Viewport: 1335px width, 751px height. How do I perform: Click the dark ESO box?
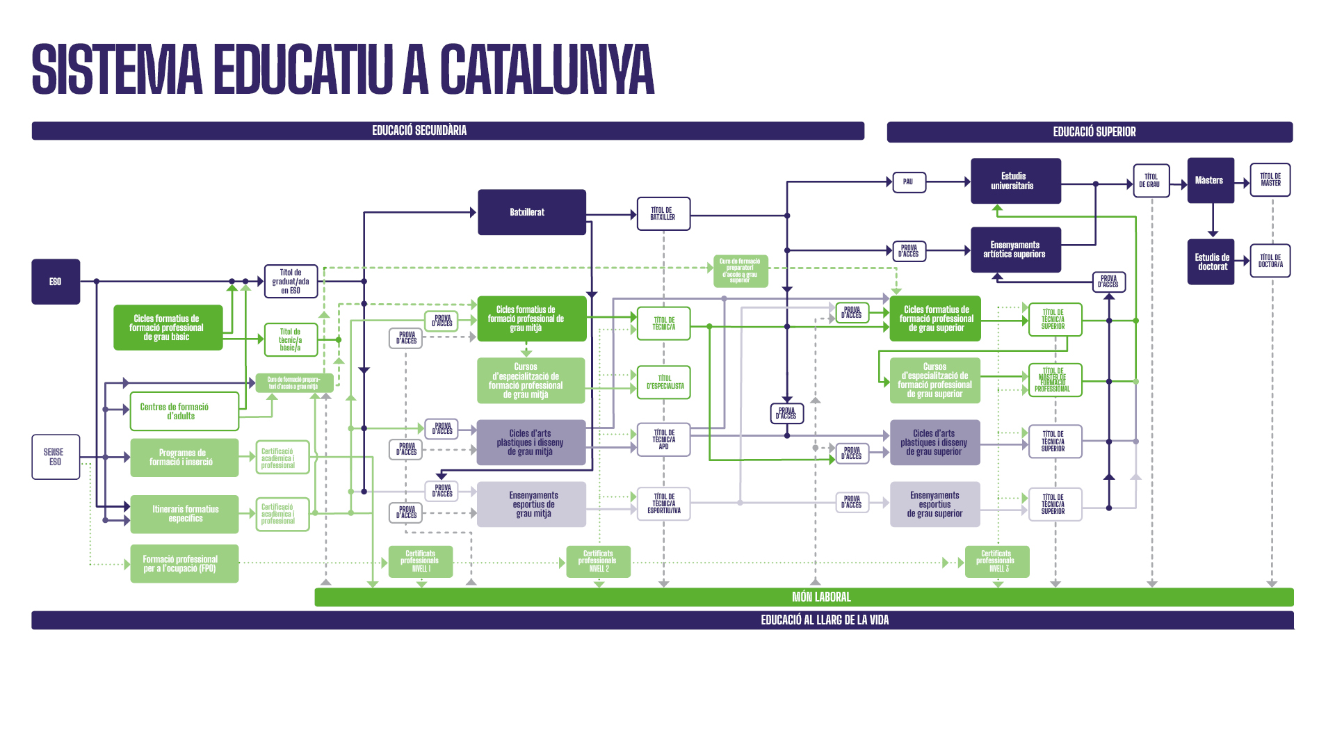(x=56, y=282)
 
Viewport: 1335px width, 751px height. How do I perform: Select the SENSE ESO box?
(x=56, y=457)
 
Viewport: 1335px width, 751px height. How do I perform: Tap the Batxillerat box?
(x=532, y=212)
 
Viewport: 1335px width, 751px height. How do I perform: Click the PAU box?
(x=909, y=182)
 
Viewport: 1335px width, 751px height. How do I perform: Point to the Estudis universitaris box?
(x=1015, y=181)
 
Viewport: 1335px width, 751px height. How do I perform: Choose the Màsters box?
(x=1211, y=181)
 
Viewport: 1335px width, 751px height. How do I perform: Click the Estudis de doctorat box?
(x=1211, y=261)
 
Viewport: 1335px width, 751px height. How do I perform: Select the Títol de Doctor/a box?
(x=1270, y=261)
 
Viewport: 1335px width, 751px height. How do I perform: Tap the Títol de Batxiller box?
(x=663, y=213)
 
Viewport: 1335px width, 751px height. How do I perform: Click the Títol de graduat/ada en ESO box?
(x=291, y=282)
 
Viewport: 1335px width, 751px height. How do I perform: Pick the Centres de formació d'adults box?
(x=184, y=411)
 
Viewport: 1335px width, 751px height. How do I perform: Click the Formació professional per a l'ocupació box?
(x=184, y=564)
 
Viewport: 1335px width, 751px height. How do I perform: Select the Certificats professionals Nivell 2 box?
(x=598, y=561)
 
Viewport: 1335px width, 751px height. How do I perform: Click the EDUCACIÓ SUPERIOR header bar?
(x=1090, y=132)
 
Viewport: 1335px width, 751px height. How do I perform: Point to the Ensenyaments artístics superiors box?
(x=1015, y=250)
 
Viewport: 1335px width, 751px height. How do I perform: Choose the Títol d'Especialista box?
(x=664, y=382)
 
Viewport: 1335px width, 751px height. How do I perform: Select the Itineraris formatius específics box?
(x=184, y=514)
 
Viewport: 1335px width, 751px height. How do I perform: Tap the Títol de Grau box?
(x=1151, y=181)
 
